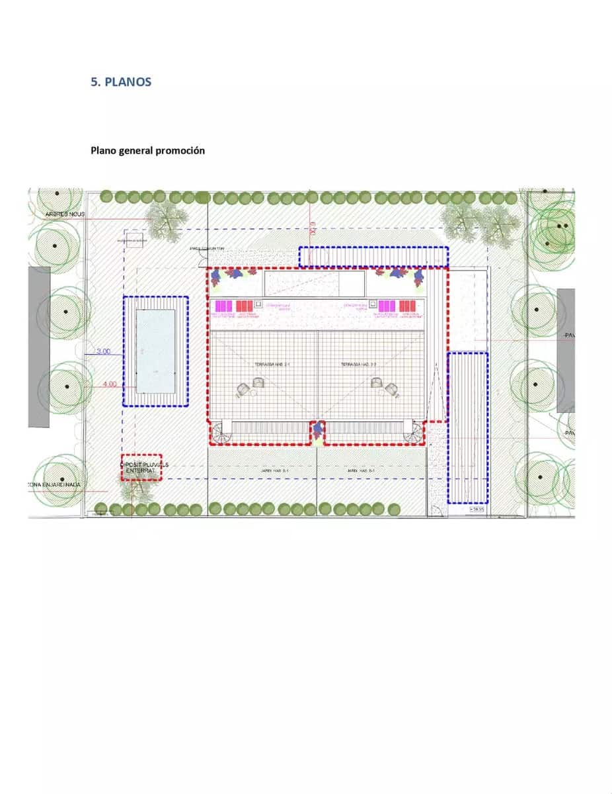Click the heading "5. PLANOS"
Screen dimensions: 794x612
coord(121,82)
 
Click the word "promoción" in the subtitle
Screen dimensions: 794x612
coord(180,150)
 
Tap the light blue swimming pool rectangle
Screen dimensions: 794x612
coord(155,351)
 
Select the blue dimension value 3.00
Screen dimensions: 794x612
coord(104,351)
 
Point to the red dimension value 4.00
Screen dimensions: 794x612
coord(110,384)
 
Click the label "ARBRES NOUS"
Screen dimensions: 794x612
coord(65,214)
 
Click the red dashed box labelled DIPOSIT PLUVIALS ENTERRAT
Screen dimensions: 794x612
coord(141,467)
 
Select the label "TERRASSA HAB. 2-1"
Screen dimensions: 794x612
coord(270,365)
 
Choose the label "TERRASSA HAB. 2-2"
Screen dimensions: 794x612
coord(358,365)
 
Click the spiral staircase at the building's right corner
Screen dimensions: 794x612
coord(414,434)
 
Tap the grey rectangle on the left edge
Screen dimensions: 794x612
coord(39,347)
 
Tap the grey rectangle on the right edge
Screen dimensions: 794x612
coord(566,350)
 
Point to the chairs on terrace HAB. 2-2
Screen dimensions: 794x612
coord(385,387)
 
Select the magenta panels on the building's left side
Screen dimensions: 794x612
coord(224,306)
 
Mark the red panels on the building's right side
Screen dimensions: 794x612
coord(408,306)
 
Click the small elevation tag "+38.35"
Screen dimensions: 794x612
coord(476,510)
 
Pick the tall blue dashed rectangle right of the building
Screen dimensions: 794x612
coord(467,427)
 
